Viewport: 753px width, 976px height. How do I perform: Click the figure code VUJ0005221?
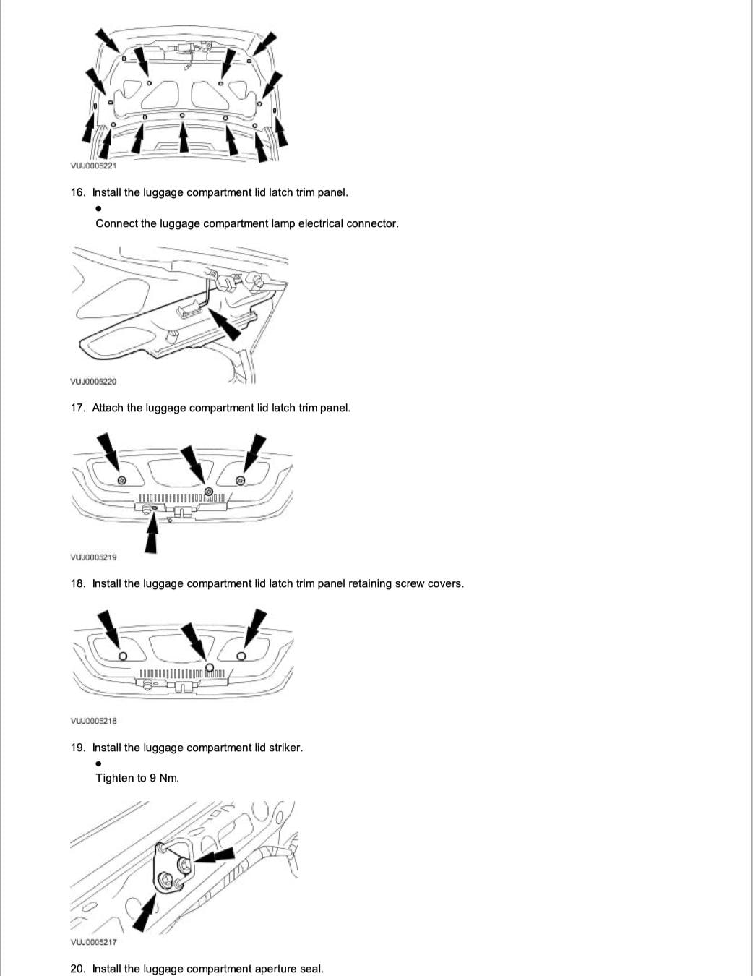click(x=92, y=166)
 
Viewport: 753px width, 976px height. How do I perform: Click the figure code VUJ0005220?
click(x=92, y=381)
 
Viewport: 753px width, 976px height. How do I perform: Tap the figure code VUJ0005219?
click(x=92, y=557)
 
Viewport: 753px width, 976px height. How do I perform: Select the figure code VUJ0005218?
click(x=92, y=721)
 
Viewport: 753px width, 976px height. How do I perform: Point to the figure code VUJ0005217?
click(x=92, y=942)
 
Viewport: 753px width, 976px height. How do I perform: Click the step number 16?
click(x=77, y=192)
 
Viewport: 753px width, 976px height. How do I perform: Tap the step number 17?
click(x=77, y=408)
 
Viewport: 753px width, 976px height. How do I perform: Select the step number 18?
click(x=77, y=583)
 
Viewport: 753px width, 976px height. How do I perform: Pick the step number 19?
click(x=77, y=748)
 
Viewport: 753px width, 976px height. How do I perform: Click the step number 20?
click(x=77, y=969)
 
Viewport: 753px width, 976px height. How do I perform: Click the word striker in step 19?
click(x=285, y=748)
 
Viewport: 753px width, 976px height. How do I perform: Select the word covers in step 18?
click(x=444, y=583)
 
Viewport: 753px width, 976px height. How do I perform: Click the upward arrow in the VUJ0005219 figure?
click(x=151, y=535)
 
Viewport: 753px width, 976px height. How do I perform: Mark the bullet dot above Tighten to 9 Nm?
click(x=98, y=763)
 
